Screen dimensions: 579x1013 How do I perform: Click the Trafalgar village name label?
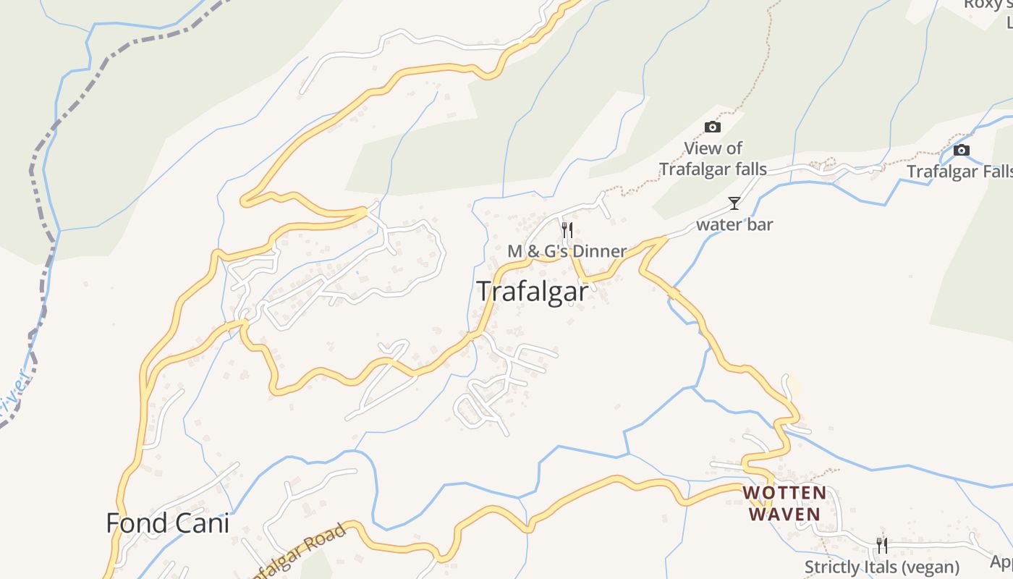click(533, 291)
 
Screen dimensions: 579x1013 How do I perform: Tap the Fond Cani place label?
click(167, 523)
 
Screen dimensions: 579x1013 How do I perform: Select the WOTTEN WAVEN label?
click(784, 504)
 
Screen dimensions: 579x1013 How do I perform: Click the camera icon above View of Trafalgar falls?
click(713, 127)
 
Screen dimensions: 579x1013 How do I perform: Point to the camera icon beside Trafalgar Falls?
click(962, 151)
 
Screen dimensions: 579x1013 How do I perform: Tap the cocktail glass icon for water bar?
click(734, 203)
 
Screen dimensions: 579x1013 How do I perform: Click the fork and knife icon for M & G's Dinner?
click(567, 230)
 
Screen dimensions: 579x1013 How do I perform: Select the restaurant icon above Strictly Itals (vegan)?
click(881, 545)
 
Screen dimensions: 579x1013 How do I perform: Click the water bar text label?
click(734, 224)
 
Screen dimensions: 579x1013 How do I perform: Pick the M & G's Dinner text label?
click(567, 251)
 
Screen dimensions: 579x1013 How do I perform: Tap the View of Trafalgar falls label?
click(713, 159)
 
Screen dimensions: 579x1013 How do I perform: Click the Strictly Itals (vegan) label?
click(882, 567)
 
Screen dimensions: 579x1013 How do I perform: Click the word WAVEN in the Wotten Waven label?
click(784, 515)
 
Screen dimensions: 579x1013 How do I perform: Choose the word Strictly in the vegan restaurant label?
click(833, 567)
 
